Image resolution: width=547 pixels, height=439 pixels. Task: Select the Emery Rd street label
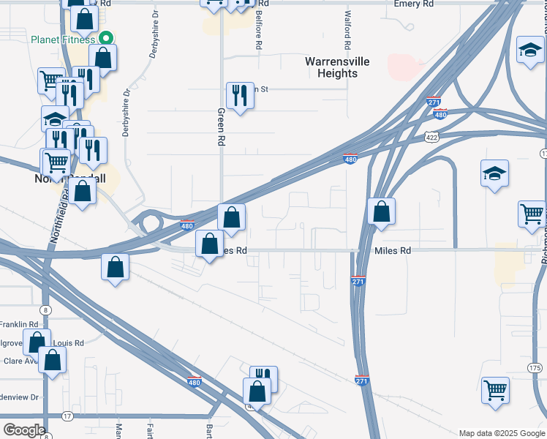[x=418, y=4]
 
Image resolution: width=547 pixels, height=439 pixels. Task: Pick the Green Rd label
[x=221, y=127]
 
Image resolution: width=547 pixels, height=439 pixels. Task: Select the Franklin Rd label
[x=18, y=324]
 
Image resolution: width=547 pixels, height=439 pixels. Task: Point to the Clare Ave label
[x=20, y=361]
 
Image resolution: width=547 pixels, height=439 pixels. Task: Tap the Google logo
[x=23, y=430]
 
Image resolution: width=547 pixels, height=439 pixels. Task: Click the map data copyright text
[x=502, y=433]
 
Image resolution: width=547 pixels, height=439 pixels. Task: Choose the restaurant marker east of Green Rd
[x=240, y=96]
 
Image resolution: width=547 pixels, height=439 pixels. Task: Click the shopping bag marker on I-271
[x=381, y=212]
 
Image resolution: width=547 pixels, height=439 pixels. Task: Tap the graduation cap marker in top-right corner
[x=529, y=50]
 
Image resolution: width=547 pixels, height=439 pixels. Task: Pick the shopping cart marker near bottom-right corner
[x=495, y=390]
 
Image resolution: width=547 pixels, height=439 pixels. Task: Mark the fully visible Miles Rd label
[x=393, y=251]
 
